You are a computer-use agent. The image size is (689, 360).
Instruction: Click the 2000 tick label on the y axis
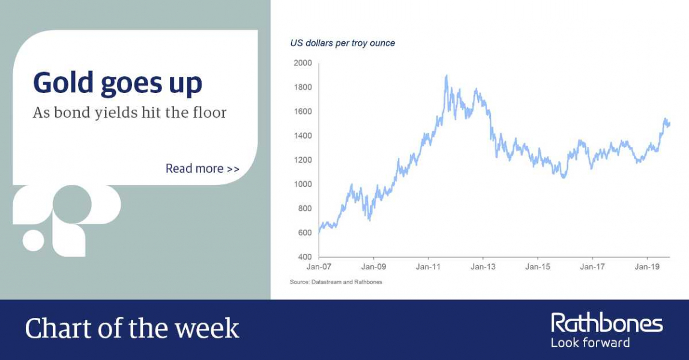(x=302, y=63)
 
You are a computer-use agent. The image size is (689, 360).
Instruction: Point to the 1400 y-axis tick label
(x=302, y=136)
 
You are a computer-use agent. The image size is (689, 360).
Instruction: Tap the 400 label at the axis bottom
(x=304, y=257)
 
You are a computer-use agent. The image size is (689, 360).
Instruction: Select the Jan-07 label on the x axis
(x=319, y=267)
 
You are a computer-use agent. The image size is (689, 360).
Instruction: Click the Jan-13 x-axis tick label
(x=483, y=267)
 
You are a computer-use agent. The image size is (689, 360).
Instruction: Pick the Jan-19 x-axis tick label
(x=647, y=267)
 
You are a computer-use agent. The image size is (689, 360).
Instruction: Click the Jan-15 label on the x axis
(x=538, y=267)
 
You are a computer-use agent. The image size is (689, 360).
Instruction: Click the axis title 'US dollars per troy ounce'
(x=342, y=43)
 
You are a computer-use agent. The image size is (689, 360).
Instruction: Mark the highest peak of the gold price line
(x=447, y=76)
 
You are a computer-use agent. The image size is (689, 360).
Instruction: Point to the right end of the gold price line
(x=670, y=124)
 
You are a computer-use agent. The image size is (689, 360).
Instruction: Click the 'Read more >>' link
(x=203, y=169)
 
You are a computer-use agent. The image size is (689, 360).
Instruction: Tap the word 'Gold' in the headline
(x=63, y=83)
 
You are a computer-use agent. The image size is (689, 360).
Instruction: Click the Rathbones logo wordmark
(x=607, y=323)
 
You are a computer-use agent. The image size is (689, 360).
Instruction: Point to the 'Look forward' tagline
(x=590, y=343)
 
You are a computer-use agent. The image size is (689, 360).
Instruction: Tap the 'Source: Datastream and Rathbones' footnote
(x=336, y=282)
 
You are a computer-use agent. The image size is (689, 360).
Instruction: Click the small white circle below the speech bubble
(x=34, y=240)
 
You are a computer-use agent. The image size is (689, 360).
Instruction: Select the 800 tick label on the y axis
(x=304, y=209)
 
